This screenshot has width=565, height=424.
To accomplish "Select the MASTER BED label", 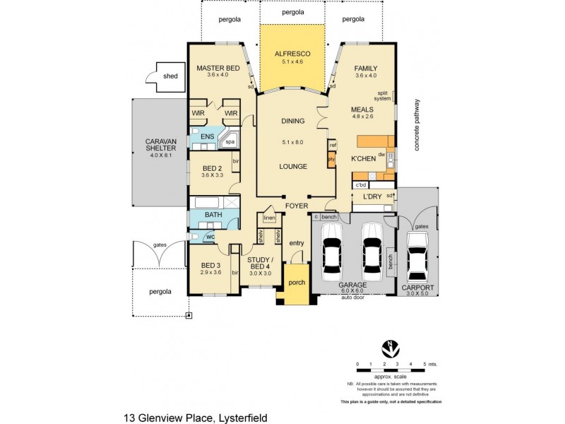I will click(x=218, y=68).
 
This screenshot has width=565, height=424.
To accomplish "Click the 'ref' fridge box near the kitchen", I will click(x=332, y=145).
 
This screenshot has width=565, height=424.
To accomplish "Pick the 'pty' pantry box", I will click(x=331, y=160).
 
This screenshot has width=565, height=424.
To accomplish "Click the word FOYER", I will click(x=296, y=206).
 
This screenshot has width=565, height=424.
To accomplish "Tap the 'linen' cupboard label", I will click(x=269, y=218).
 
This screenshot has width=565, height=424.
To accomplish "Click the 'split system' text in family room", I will click(x=381, y=95).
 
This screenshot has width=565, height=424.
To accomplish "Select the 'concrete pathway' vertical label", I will click(x=417, y=124).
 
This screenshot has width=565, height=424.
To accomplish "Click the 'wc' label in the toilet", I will click(x=210, y=236).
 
